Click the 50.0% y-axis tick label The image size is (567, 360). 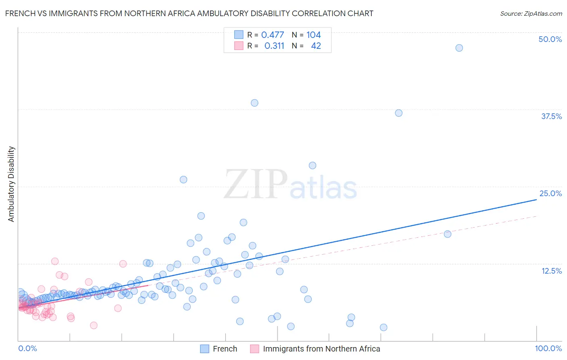tap(550, 39)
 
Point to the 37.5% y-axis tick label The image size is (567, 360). tap(551, 116)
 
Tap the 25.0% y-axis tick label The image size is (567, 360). tap(550, 193)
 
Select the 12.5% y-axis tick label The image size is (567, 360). tap(551, 271)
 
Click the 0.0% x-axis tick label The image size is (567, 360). tap(27, 348)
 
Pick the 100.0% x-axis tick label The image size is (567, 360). tap(548, 348)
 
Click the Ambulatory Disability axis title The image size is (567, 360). tap(11, 184)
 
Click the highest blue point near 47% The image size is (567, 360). tap(459, 48)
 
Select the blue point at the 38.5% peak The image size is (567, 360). tap(254, 103)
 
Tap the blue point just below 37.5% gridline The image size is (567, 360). tap(398, 113)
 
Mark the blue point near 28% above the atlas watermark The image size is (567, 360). tap(313, 165)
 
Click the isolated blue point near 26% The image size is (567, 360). tap(183, 180)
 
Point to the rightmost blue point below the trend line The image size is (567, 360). tap(447, 234)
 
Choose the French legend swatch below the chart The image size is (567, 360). tap(204, 349)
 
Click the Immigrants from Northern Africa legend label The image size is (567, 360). tap(321, 349)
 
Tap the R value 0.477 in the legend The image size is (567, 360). tap(273, 35)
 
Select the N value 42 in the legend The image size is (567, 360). tap(316, 46)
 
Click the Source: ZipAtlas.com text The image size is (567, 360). tap(531, 14)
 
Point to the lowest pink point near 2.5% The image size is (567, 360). tap(94, 325)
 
